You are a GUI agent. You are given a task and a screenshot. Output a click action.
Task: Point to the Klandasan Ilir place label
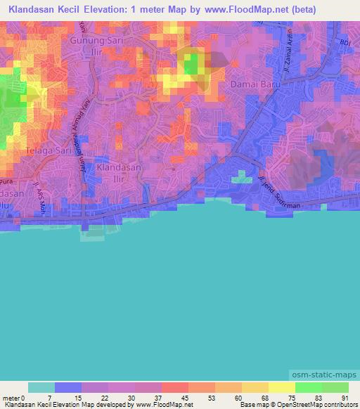pos(118,173)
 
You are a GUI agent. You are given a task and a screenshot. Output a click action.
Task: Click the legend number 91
pos(344,398)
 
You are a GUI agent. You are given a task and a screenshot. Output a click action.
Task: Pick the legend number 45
pos(175,398)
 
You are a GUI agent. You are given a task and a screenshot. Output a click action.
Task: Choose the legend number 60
pos(229,398)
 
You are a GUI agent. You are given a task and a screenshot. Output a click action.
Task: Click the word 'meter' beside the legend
pos(12,398)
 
